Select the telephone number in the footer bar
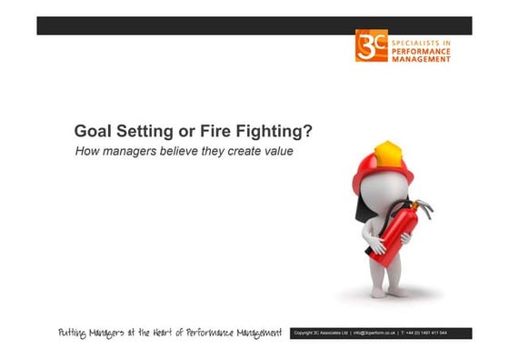[x=444, y=334]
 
